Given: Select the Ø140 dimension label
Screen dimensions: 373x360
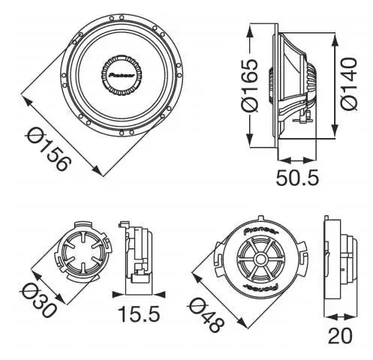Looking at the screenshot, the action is (x=348, y=84).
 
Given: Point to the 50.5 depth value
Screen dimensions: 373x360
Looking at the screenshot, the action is (x=297, y=178).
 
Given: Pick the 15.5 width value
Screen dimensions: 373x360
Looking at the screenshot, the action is (x=139, y=314).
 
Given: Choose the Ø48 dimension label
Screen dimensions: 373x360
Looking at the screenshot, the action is (x=206, y=315).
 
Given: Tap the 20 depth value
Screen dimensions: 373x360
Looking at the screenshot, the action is (x=340, y=336).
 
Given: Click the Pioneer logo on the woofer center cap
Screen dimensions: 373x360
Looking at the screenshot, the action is (x=122, y=75).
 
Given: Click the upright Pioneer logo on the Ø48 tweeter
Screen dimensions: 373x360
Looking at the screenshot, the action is (x=260, y=230).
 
